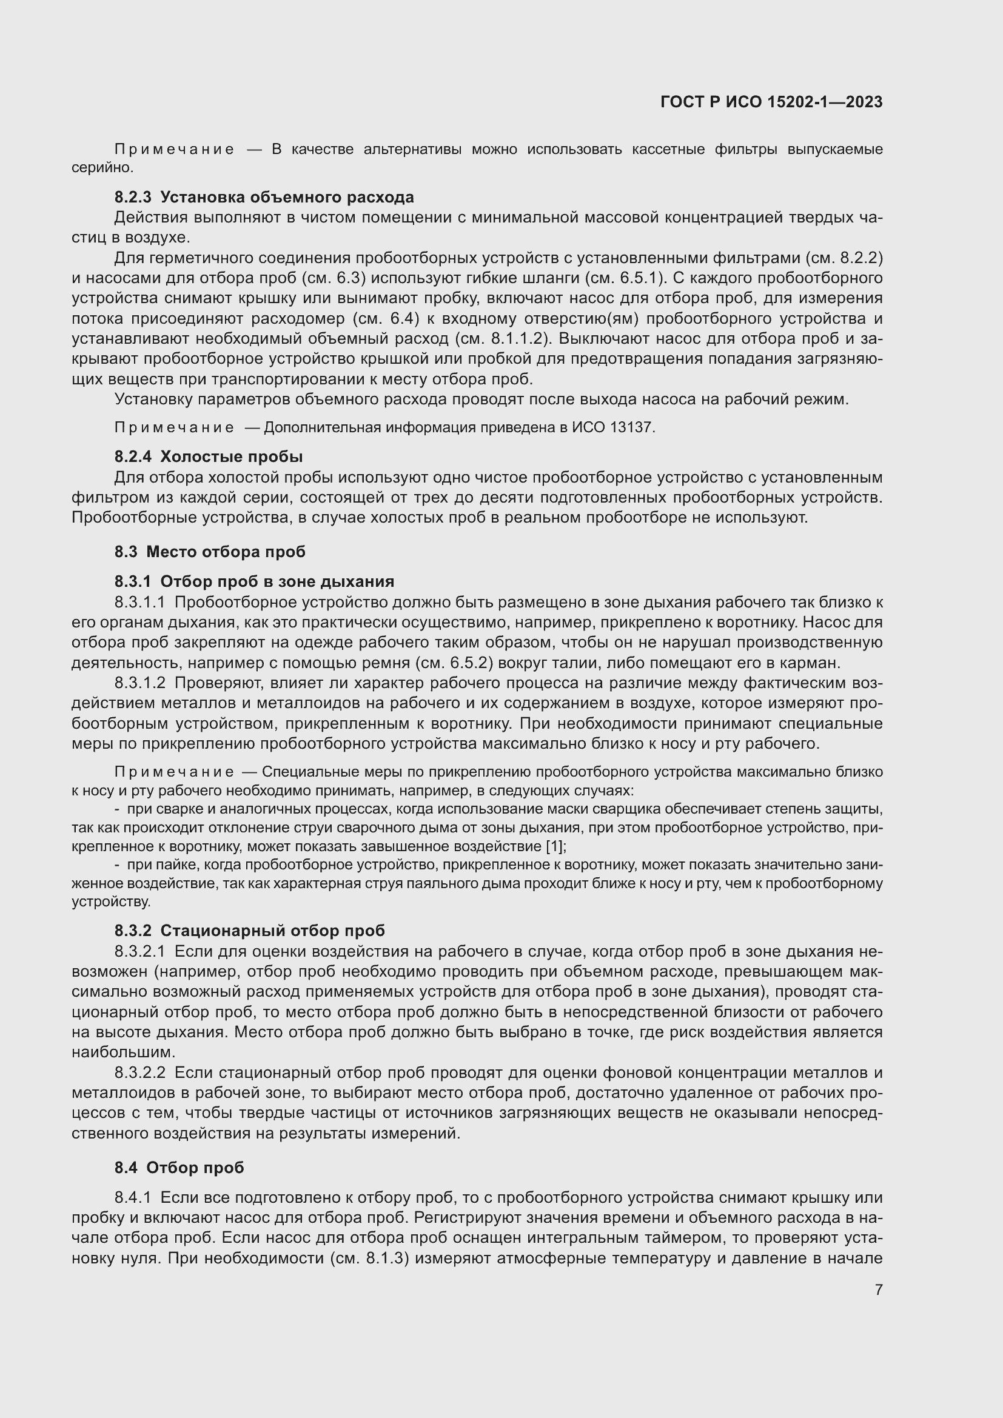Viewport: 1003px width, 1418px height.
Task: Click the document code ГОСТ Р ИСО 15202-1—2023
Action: pyautogui.click(x=771, y=102)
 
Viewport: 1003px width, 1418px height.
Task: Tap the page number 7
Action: pyautogui.click(x=878, y=1289)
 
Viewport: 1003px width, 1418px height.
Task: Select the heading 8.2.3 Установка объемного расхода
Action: pyautogui.click(x=264, y=197)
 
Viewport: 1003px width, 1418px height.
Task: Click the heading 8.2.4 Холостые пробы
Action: pyautogui.click(x=208, y=457)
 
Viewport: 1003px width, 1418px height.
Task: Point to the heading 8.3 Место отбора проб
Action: pyautogui.click(x=209, y=552)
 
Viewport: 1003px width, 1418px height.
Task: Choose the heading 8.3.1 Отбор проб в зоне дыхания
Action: pyautogui.click(x=254, y=581)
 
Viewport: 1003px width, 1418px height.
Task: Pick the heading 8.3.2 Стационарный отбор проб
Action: pyautogui.click(x=249, y=930)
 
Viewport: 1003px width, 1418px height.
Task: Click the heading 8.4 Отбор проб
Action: pyautogui.click(x=179, y=1167)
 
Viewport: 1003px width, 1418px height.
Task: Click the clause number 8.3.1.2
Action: pyautogui.click(x=139, y=683)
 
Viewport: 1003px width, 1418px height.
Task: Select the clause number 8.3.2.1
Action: pyautogui.click(x=139, y=951)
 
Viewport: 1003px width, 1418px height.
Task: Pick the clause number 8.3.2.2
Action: pyautogui.click(x=139, y=1072)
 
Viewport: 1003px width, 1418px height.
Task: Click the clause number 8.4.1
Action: pyautogui.click(x=132, y=1197)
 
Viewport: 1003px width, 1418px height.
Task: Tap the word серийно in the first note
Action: pyautogui.click(x=102, y=167)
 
